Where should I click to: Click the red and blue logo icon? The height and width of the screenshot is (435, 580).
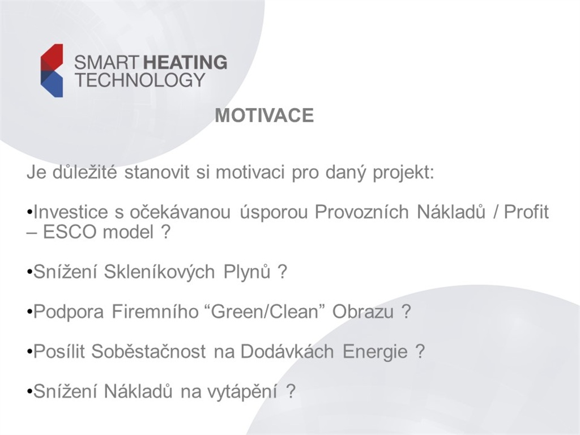52,70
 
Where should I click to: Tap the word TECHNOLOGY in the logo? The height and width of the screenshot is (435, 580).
140,79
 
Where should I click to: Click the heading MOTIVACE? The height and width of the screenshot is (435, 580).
265,116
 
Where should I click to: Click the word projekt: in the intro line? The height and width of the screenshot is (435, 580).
403,173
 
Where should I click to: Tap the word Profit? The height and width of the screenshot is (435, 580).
526,212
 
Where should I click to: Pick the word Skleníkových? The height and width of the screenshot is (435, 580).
159,272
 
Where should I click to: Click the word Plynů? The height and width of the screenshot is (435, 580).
247,272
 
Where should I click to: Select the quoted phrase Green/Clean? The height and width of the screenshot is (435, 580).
265,312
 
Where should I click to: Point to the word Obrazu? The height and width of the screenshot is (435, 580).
363,312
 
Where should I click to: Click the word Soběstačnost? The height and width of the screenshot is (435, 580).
148,351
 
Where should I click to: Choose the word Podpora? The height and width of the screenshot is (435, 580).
69,312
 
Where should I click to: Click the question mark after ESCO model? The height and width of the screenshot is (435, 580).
165,232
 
